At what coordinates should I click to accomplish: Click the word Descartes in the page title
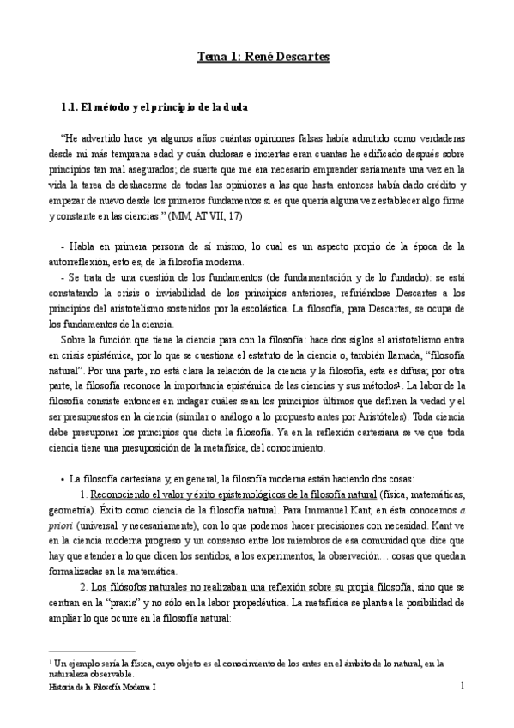[300, 58]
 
